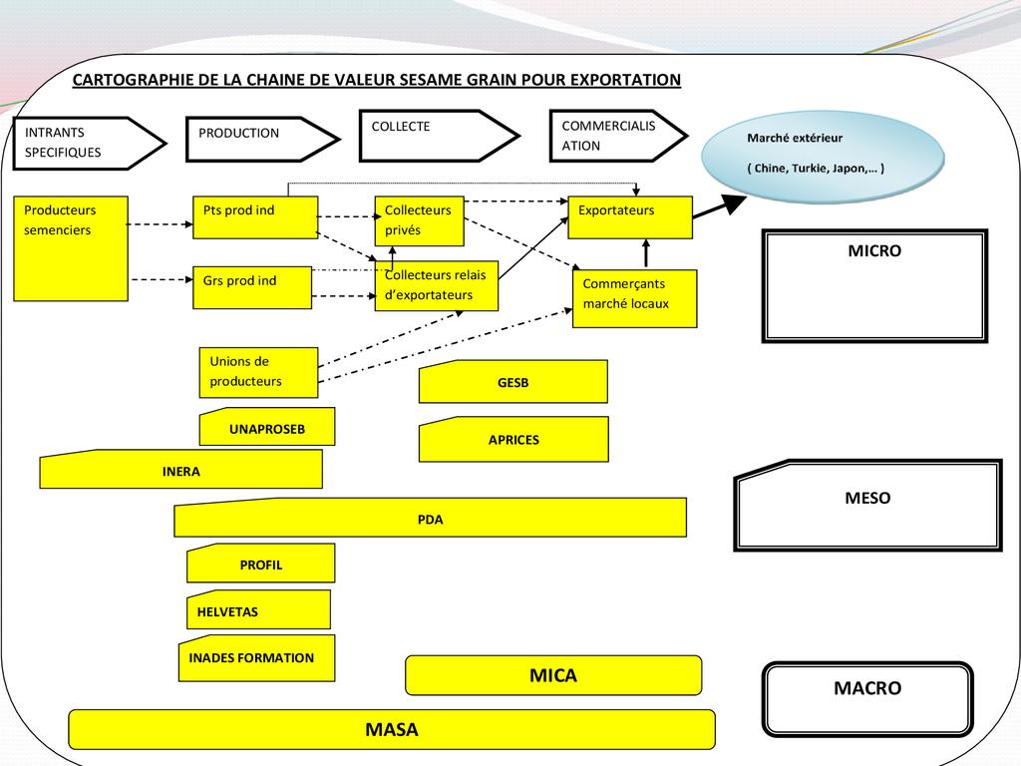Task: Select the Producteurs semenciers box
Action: pos(71,248)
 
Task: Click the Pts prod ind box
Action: pos(255,217)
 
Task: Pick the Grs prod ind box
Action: pos(252,287)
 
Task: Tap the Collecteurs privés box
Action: pos(419,221)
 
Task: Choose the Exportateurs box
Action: pos(629,217)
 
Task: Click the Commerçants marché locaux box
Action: pos(634,298)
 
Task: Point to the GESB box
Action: pos(512,382)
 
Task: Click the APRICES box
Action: pos(513,440)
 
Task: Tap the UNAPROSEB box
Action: pos(267,428)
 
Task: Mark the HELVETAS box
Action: pos(258,610)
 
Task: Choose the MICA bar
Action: pos(553,675)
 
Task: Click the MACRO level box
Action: pos(866,699)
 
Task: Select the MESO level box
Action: pos(867,505)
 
